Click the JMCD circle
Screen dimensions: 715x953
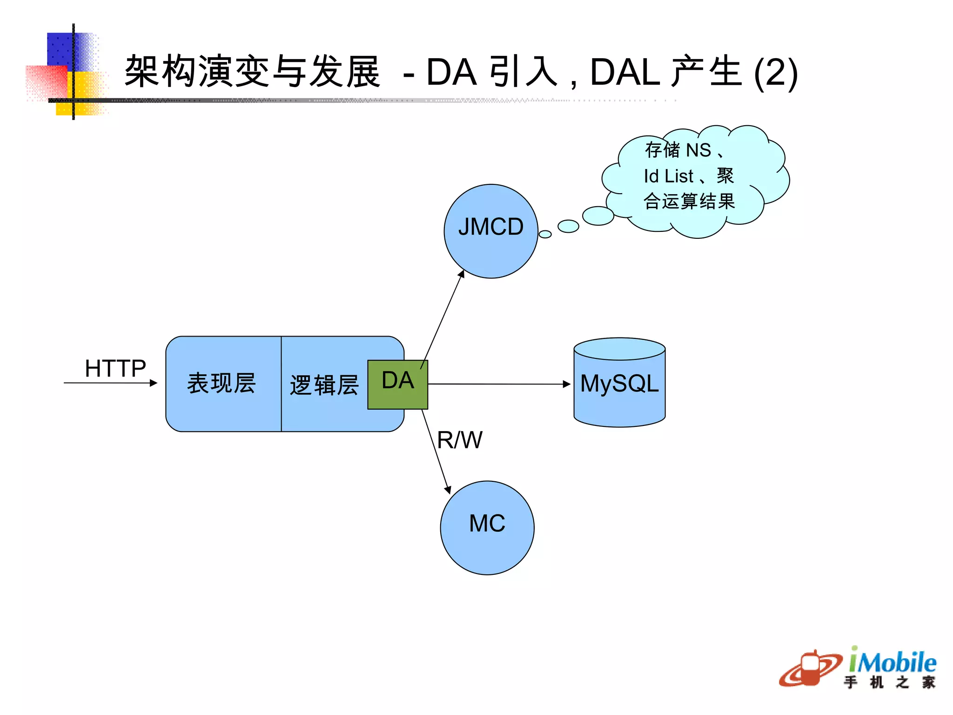point(490,231)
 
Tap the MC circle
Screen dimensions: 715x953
point(487,527)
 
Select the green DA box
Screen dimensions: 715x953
point(397,384)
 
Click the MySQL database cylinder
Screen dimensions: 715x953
point(619,383)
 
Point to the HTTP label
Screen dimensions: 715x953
point(115,368)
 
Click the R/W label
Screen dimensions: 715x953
point(459,440)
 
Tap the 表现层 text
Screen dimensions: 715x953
point(221,384)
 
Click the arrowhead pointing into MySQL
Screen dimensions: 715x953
point(566,384)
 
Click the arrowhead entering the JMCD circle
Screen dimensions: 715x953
point(461,274)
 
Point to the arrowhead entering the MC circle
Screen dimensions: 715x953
point(448,490)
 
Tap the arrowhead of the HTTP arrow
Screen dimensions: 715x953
point(154,383)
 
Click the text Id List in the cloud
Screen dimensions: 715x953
point(668,176)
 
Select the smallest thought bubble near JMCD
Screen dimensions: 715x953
point(545,234)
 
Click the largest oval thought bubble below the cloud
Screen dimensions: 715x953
point(598,216)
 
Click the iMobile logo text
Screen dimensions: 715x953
point(892,662)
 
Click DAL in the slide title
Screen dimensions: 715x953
point(624,73)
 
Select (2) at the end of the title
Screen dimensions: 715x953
point(776,74)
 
